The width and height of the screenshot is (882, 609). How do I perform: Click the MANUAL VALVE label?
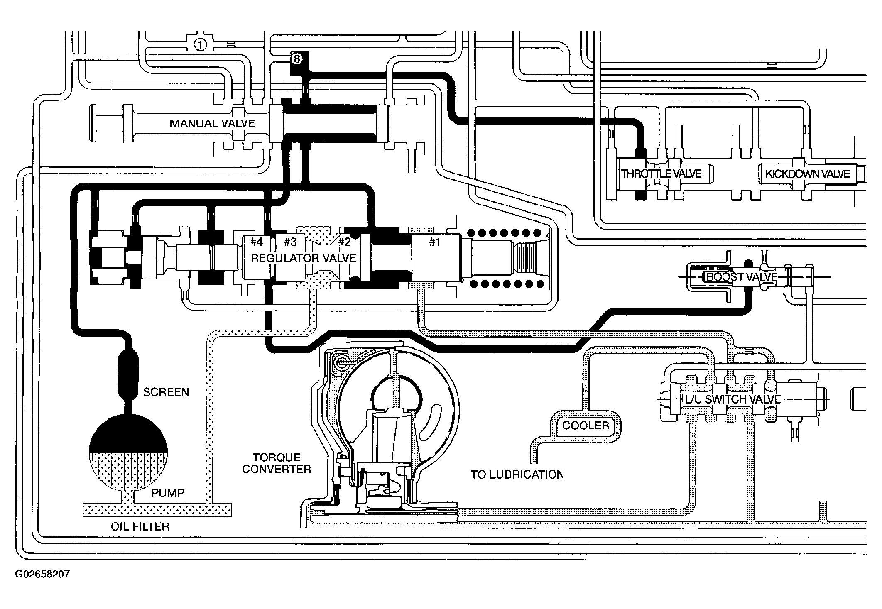click(x=212, y=123)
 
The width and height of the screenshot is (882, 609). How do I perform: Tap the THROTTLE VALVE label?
click(x=661, y=174)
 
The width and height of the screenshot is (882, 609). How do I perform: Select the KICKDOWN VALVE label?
click(x=808, y=174)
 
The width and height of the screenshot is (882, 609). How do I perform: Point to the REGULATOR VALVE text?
click(x=304, y=258)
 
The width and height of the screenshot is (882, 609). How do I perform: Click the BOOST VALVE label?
click(x=742, y=277)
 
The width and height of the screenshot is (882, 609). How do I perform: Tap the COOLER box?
click(x=586, y=426)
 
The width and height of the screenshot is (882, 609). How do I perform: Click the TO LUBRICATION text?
click(x=517, y=474)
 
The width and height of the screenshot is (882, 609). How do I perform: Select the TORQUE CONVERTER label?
click(x=277, y=463)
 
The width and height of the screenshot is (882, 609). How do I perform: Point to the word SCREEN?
click(x=166, y=392)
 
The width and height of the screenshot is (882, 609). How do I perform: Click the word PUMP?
click(x=168, y=493)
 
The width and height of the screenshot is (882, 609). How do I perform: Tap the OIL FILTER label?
click(x=140, y=527)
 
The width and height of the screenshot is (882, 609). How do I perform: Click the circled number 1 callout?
click(x=200, y=44)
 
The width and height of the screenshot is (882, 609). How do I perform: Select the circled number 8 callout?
click(x=296, y=59)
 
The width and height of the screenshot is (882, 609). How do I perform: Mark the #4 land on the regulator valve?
click(x=257, y=242)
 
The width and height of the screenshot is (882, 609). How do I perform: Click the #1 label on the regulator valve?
click(x=434, y=242)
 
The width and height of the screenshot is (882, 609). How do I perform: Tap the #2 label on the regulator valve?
click(x=344, y=242)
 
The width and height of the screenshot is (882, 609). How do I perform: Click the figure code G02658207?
click(x=42, y=575)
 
